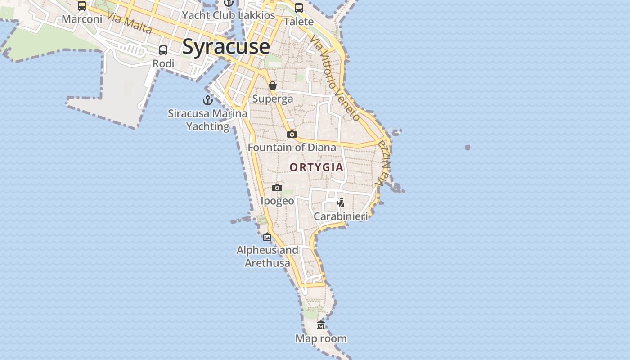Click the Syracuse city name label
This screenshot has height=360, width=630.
pyautogui.click(x=226, y=47)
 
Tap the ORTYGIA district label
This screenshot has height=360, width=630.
pyautogui.click(x=316, y=167)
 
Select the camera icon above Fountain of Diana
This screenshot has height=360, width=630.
pyautogui.click(x=292, y=134)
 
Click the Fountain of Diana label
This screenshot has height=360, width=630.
pyautogui.click(x=292, y=148)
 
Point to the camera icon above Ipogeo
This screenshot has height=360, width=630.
pyautogui.click(x=277, y=188)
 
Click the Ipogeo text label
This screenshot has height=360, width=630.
pyautogui.click(x=277, y=201)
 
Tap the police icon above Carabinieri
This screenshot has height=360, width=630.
pyautogui.click(x=341, y=203)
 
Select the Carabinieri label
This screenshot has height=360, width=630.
pyautogui.click(x=341, y=216)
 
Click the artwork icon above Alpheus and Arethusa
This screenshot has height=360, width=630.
pyautogui.click(x=267, y=237)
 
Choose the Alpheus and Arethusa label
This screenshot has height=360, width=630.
pyautogui.click(x=267, y=256)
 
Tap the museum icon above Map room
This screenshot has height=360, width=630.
pyautogui.click(x=321, y=325)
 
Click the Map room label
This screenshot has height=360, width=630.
pyautogui.click(x=321, y=338)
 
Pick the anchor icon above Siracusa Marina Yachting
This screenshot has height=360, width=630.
pyautogui.click(x=207, y=100)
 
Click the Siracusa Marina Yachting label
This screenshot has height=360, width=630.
pyautogui.click(x=207, y=120)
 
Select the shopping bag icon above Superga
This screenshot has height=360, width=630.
pyautogui.click(x=273, y=85)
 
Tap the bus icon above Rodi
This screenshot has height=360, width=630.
pyautogui.click(x=163, y=50)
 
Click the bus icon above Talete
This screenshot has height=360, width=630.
pyautogui.click(x=299, y=8)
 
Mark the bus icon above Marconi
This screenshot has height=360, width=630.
pyautogui.click(x=82, y=6)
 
